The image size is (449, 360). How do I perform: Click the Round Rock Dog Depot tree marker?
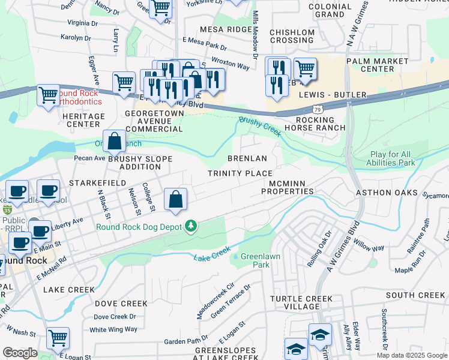191,226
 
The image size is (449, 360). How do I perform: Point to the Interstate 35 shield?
7,210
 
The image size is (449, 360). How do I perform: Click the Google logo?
20,353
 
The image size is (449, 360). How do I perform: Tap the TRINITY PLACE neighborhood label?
240,173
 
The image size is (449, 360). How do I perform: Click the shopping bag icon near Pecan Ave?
114,142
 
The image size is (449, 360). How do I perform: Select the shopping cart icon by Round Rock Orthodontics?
48,95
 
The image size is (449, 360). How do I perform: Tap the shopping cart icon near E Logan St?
58,338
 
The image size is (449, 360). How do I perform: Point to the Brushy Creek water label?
259,127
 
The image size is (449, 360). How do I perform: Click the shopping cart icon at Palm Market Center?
305,69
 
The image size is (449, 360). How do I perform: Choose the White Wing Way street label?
113,329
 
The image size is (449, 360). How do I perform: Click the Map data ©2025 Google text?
412,355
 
